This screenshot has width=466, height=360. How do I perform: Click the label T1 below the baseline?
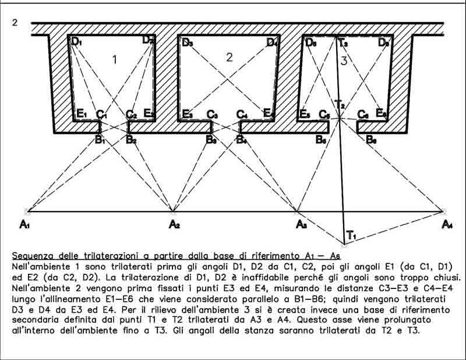[x=351, y=235]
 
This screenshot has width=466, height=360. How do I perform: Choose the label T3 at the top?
[x=343, y=42]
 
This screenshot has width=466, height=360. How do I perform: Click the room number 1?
[x=115, y=59]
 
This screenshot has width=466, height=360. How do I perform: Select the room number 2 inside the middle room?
[x=229, y=57]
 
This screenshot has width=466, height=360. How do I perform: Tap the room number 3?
[x=344, y=60]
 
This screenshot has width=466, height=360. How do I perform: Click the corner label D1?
[x=77, y=42]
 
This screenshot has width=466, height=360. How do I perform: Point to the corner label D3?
[x=187, y=43]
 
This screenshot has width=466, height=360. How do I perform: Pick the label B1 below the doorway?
[x=100, y=140]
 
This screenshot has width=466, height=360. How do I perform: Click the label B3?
[x=211, y=140]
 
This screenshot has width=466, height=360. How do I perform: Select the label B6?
[x=371, y=140]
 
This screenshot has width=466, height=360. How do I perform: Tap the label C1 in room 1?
[x=101, y=115]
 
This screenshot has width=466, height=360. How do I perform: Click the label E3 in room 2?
[x=187, y=114]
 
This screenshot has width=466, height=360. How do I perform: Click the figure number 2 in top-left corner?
[x=15, y=23]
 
